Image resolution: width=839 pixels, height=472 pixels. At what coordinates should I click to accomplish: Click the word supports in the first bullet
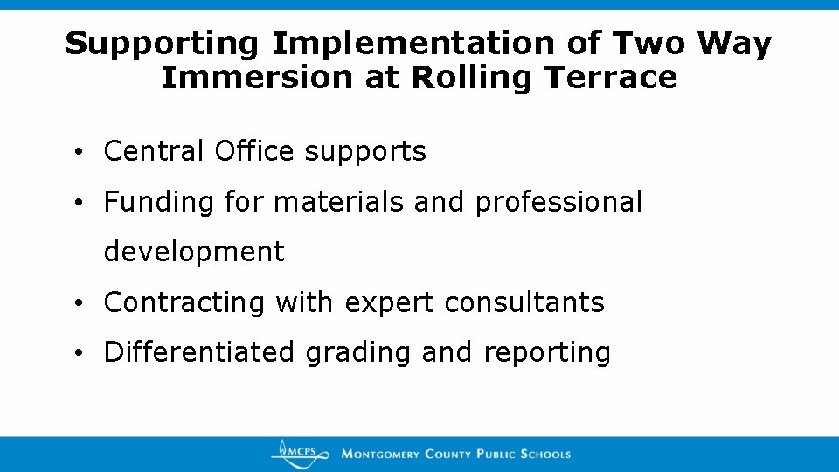[365, 153]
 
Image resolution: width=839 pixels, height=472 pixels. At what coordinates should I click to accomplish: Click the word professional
[558, 203]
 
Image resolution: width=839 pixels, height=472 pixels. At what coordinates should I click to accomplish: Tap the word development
[194, 253]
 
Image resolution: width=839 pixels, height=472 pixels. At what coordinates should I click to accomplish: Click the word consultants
[524, 303]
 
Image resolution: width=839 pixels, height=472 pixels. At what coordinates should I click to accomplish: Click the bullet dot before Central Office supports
[79, 153]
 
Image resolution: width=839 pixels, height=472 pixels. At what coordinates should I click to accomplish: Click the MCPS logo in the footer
[300, 453]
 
